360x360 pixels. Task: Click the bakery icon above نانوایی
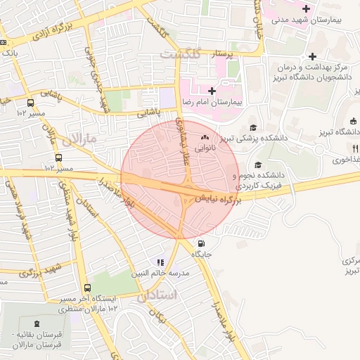coord(205,137)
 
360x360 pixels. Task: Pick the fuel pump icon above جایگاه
coord(193,244)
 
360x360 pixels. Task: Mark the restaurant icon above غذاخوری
coord(356,148)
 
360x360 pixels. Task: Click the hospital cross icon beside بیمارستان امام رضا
coord(211,91)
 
